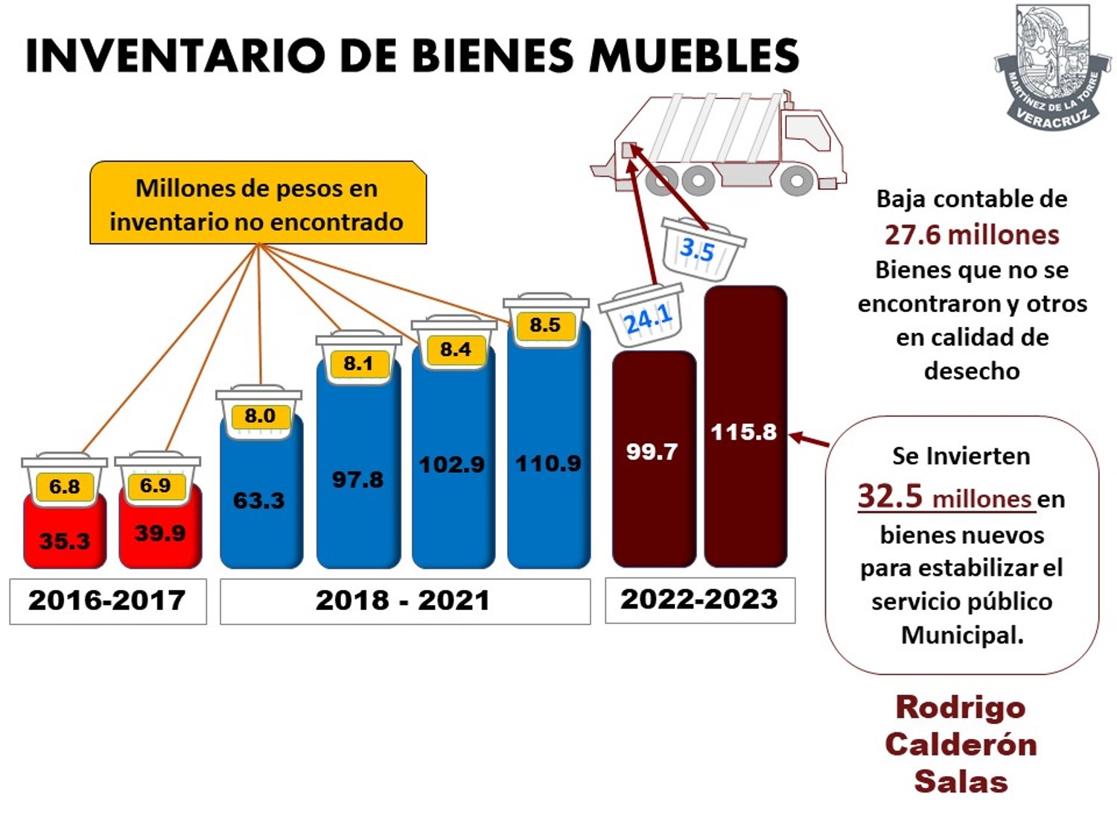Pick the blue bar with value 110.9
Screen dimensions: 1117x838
click(x=549, y=458)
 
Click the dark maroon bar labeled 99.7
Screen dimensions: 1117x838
click(x=654, y=459)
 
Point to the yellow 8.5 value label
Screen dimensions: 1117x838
click(x=546, y=326)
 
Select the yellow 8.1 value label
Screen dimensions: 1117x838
click(x=359, y=364)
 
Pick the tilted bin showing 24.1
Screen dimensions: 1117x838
click(x=642, y=315)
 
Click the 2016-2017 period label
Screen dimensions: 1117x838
click(x=108, y=601)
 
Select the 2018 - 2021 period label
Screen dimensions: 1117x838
click(x=405, y=601)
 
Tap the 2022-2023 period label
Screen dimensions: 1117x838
click(x=700, y=600)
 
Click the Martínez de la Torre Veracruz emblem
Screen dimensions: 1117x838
click(x=1051, y=66)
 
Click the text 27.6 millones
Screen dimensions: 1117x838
click(x=972, y=235)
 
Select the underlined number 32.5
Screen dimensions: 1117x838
click(x=890, y=495)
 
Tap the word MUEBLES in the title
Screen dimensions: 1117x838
click(x=694, y=56)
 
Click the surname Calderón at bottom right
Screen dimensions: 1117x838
click(x=961, y=746)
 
